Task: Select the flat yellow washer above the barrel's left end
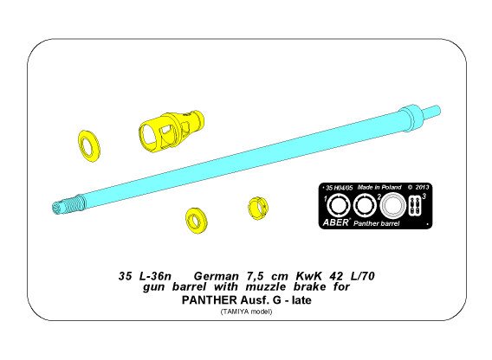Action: pyautogui.click(x=87, y=145)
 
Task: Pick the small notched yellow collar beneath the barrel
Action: pyautogui.click(x=256, y=209)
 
